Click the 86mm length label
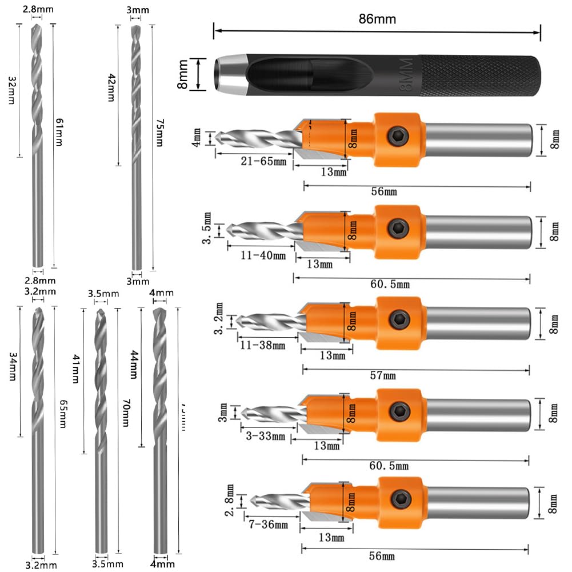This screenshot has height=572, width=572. point(377,19)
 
